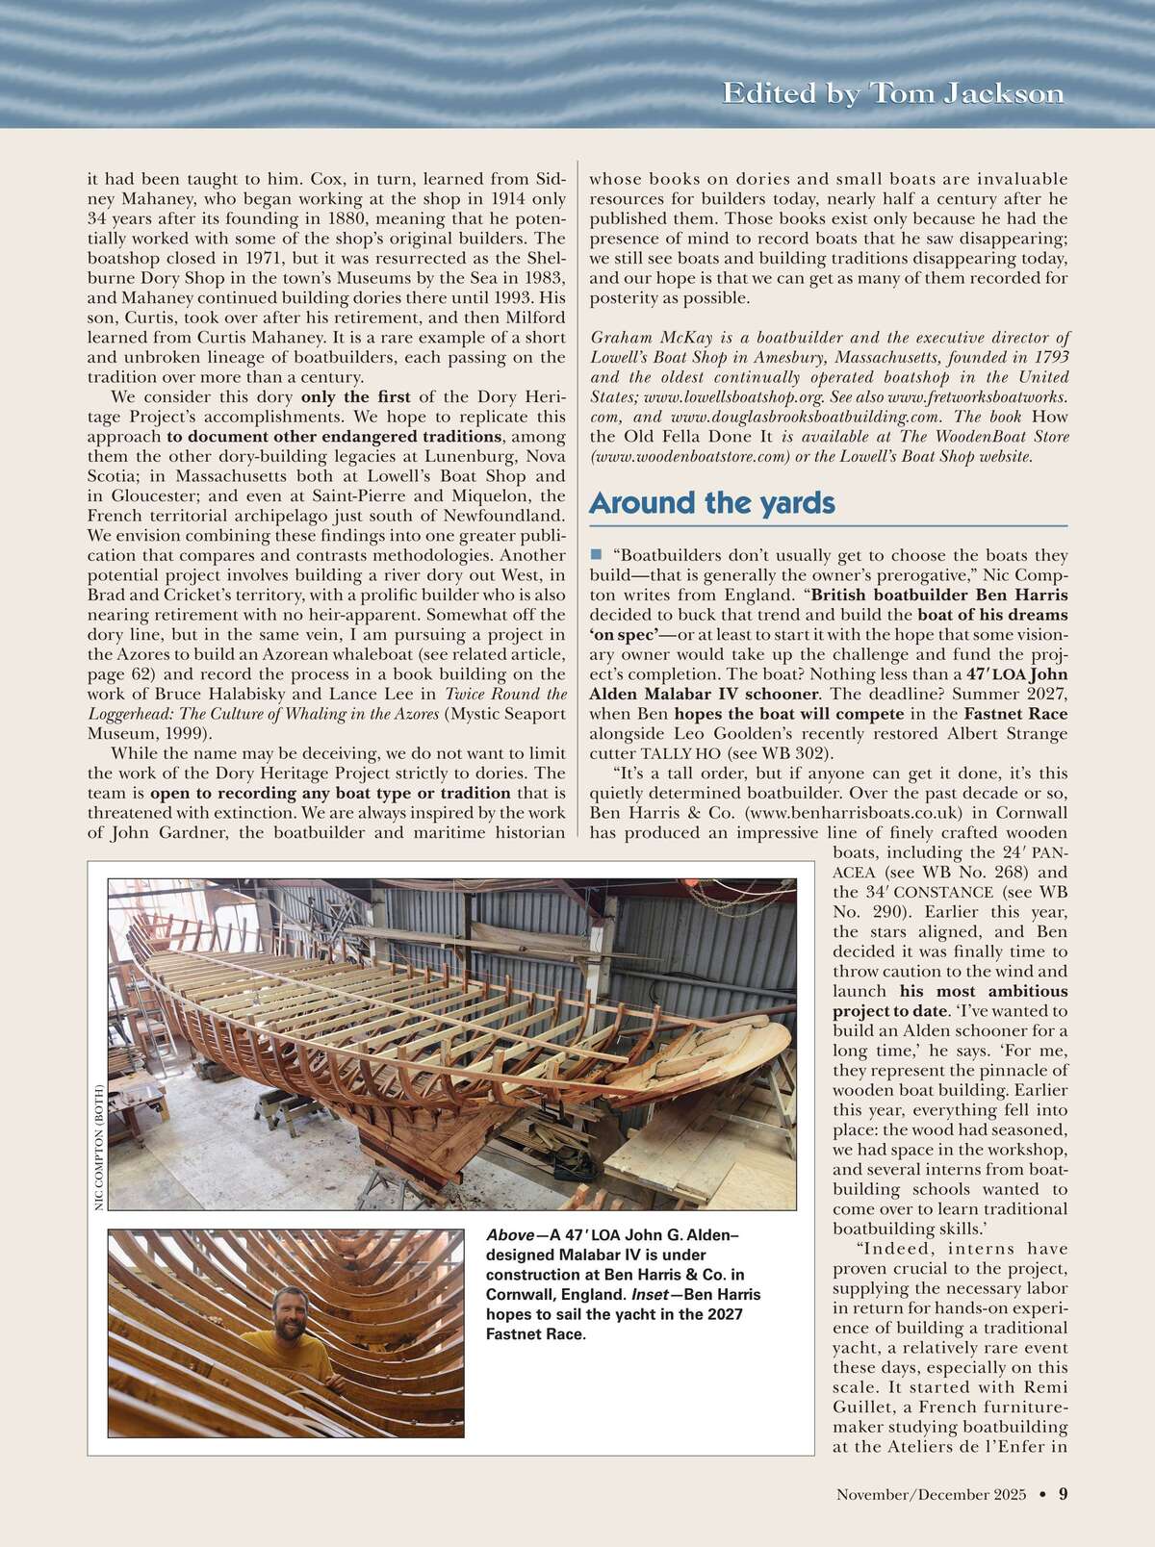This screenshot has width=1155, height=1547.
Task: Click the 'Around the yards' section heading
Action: [711, 503]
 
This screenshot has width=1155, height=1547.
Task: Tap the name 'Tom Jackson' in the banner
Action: [967, 93]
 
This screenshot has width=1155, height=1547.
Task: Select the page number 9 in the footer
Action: [1063, 1494]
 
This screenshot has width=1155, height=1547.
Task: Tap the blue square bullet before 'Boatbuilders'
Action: [596, 554]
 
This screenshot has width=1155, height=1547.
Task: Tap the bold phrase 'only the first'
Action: [355, 396]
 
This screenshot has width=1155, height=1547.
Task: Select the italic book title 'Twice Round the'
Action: [505, 694]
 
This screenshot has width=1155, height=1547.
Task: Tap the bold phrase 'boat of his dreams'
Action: [992, 614]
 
